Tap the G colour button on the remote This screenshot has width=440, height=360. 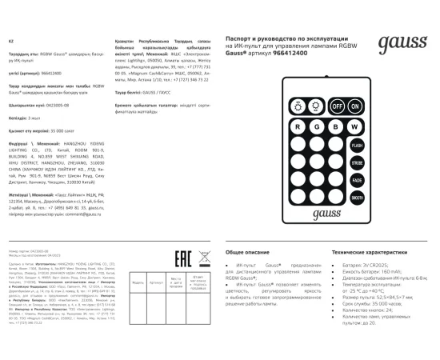point(316,126)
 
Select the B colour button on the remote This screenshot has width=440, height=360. point(335,126)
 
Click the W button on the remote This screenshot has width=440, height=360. point(354,126)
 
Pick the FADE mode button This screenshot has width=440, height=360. point(355,180)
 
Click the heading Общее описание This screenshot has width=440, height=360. point(244,251)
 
